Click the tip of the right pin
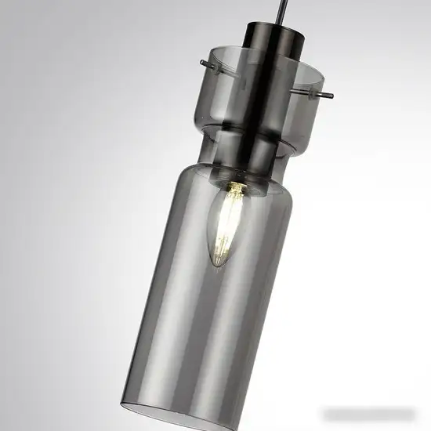(331, 96)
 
